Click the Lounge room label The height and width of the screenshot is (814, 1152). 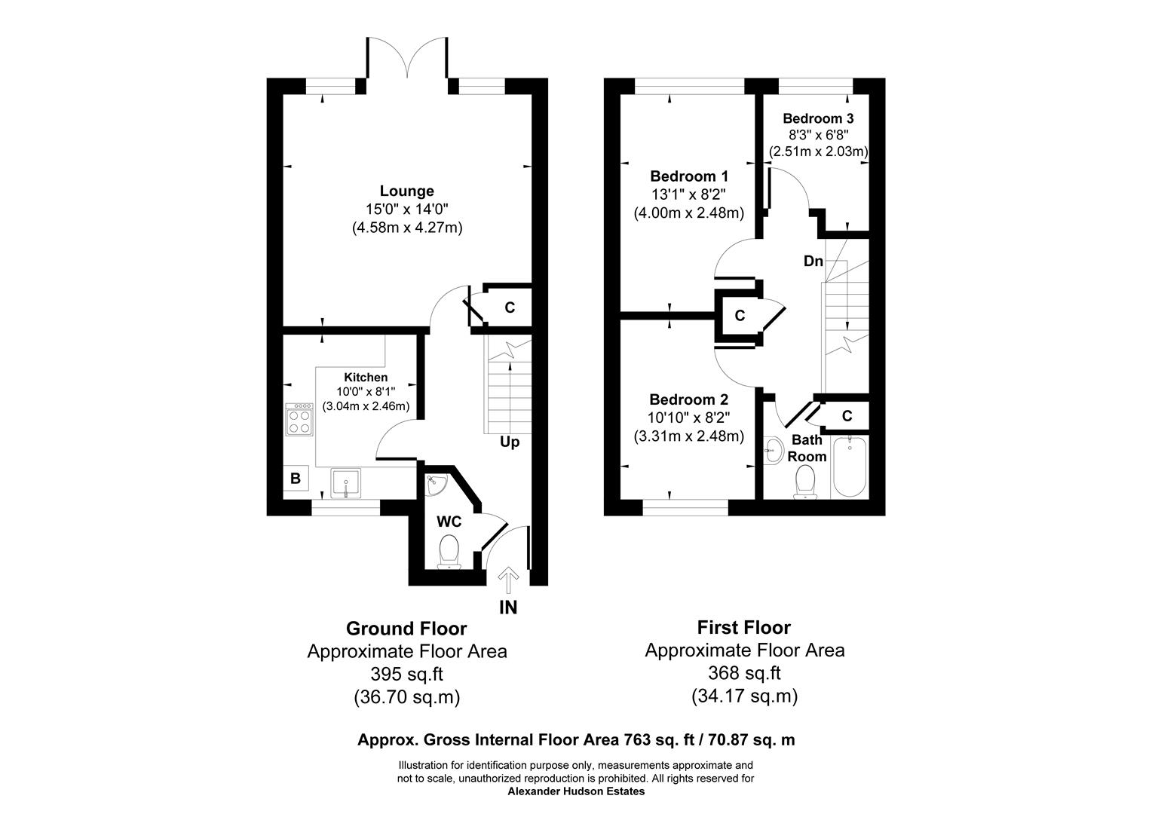[x=406, y=191]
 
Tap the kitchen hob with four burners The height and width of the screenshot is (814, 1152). [x=299, y=420]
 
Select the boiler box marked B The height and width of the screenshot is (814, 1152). [x=296, y=478]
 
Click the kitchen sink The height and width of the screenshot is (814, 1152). [x=345, y=482]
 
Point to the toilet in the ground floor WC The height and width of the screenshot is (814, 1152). [x=450, y=549]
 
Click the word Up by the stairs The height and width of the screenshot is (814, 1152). [x=510, y=442]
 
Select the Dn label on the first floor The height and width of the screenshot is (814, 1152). [x=813, y=261]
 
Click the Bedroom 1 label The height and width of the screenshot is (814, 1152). [x=689, y=176]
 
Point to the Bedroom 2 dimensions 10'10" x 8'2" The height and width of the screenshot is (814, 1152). [x=689, y=418]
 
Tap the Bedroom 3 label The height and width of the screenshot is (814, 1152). [x=818, y=118]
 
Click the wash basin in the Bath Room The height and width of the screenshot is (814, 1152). [x=773, y=452]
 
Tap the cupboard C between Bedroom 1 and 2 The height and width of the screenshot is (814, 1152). [x=740, y=315]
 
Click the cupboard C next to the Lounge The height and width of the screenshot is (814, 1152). [x=510, y=308]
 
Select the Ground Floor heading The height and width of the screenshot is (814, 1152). [x=406, y=628]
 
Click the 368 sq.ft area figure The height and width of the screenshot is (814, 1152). [x=744, y=672]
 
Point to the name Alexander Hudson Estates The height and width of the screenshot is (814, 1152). [x=576, y=791]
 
